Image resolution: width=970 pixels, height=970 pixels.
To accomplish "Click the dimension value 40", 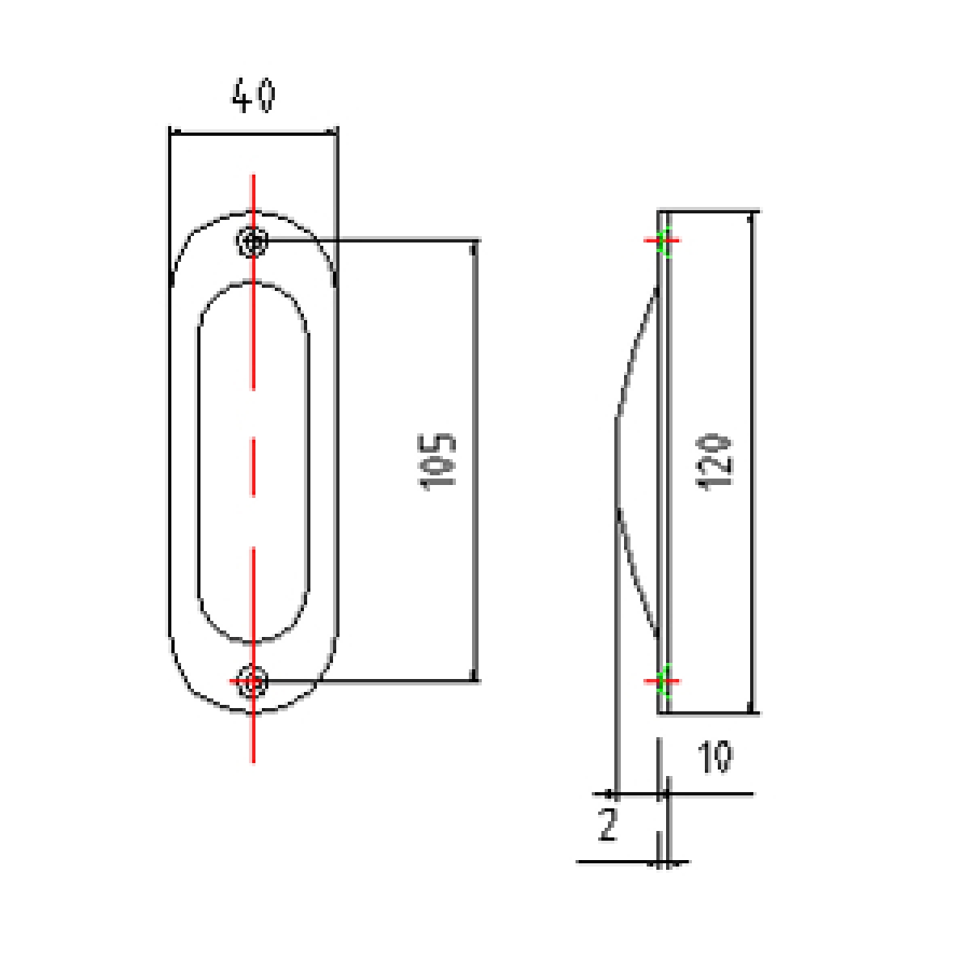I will [253, 96].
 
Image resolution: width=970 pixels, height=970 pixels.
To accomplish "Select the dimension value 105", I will [439, 461].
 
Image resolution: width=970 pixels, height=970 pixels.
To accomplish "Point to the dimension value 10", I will [715, 757].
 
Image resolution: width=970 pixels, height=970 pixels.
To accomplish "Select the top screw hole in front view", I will [254, 241].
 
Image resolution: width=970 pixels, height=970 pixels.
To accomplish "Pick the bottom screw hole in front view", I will [254, 681].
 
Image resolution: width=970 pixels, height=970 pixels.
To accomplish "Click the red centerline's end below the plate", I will [254, 756].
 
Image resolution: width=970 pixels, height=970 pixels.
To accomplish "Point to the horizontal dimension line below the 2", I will [614, 862].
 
